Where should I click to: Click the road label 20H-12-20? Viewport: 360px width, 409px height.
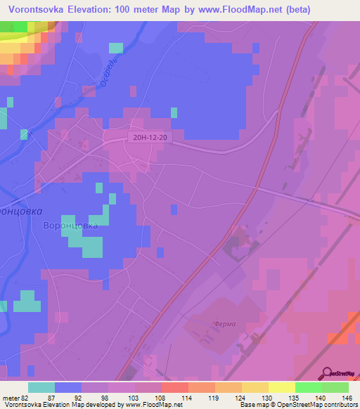coord(148,138)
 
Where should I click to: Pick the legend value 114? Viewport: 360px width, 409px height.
coord(168,397)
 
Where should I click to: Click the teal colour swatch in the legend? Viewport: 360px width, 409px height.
coord(41,387)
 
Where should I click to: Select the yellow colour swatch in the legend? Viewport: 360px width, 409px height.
coord(281,387)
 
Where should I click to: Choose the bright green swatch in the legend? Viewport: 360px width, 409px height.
coord(308,387)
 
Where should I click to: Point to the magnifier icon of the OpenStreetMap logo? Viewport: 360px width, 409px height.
coord(328,373)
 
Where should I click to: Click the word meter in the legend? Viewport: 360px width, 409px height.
coord(12,397)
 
